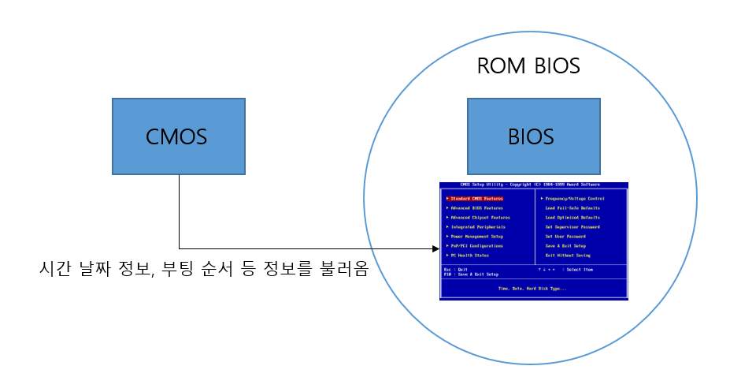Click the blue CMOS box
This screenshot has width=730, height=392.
[x=178, y=136]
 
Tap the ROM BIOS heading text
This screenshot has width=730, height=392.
[x=528, y=66]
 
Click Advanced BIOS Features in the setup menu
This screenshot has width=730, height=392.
[x=476, y=207]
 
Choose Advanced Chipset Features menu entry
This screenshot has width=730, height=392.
[x=480, y=217]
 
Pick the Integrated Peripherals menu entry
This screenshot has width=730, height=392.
[x=477, y=226]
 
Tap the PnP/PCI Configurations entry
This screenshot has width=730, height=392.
[x=477, y=245]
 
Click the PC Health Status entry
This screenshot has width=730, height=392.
[x=469, y=255]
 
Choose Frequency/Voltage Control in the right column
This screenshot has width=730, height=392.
[x=574, y=198]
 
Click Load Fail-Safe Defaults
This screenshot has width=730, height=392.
[x=573, y=207]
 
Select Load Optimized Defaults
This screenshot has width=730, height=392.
[x=573, y=217]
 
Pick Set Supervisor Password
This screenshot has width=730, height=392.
[x=573, y=226]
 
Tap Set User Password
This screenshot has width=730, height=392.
[x=565, y=236]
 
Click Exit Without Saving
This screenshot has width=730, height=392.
[x=568, y=255]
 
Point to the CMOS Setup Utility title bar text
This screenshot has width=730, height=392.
[x=533, y=185]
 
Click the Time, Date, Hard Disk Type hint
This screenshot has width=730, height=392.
[x=533, y=289]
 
